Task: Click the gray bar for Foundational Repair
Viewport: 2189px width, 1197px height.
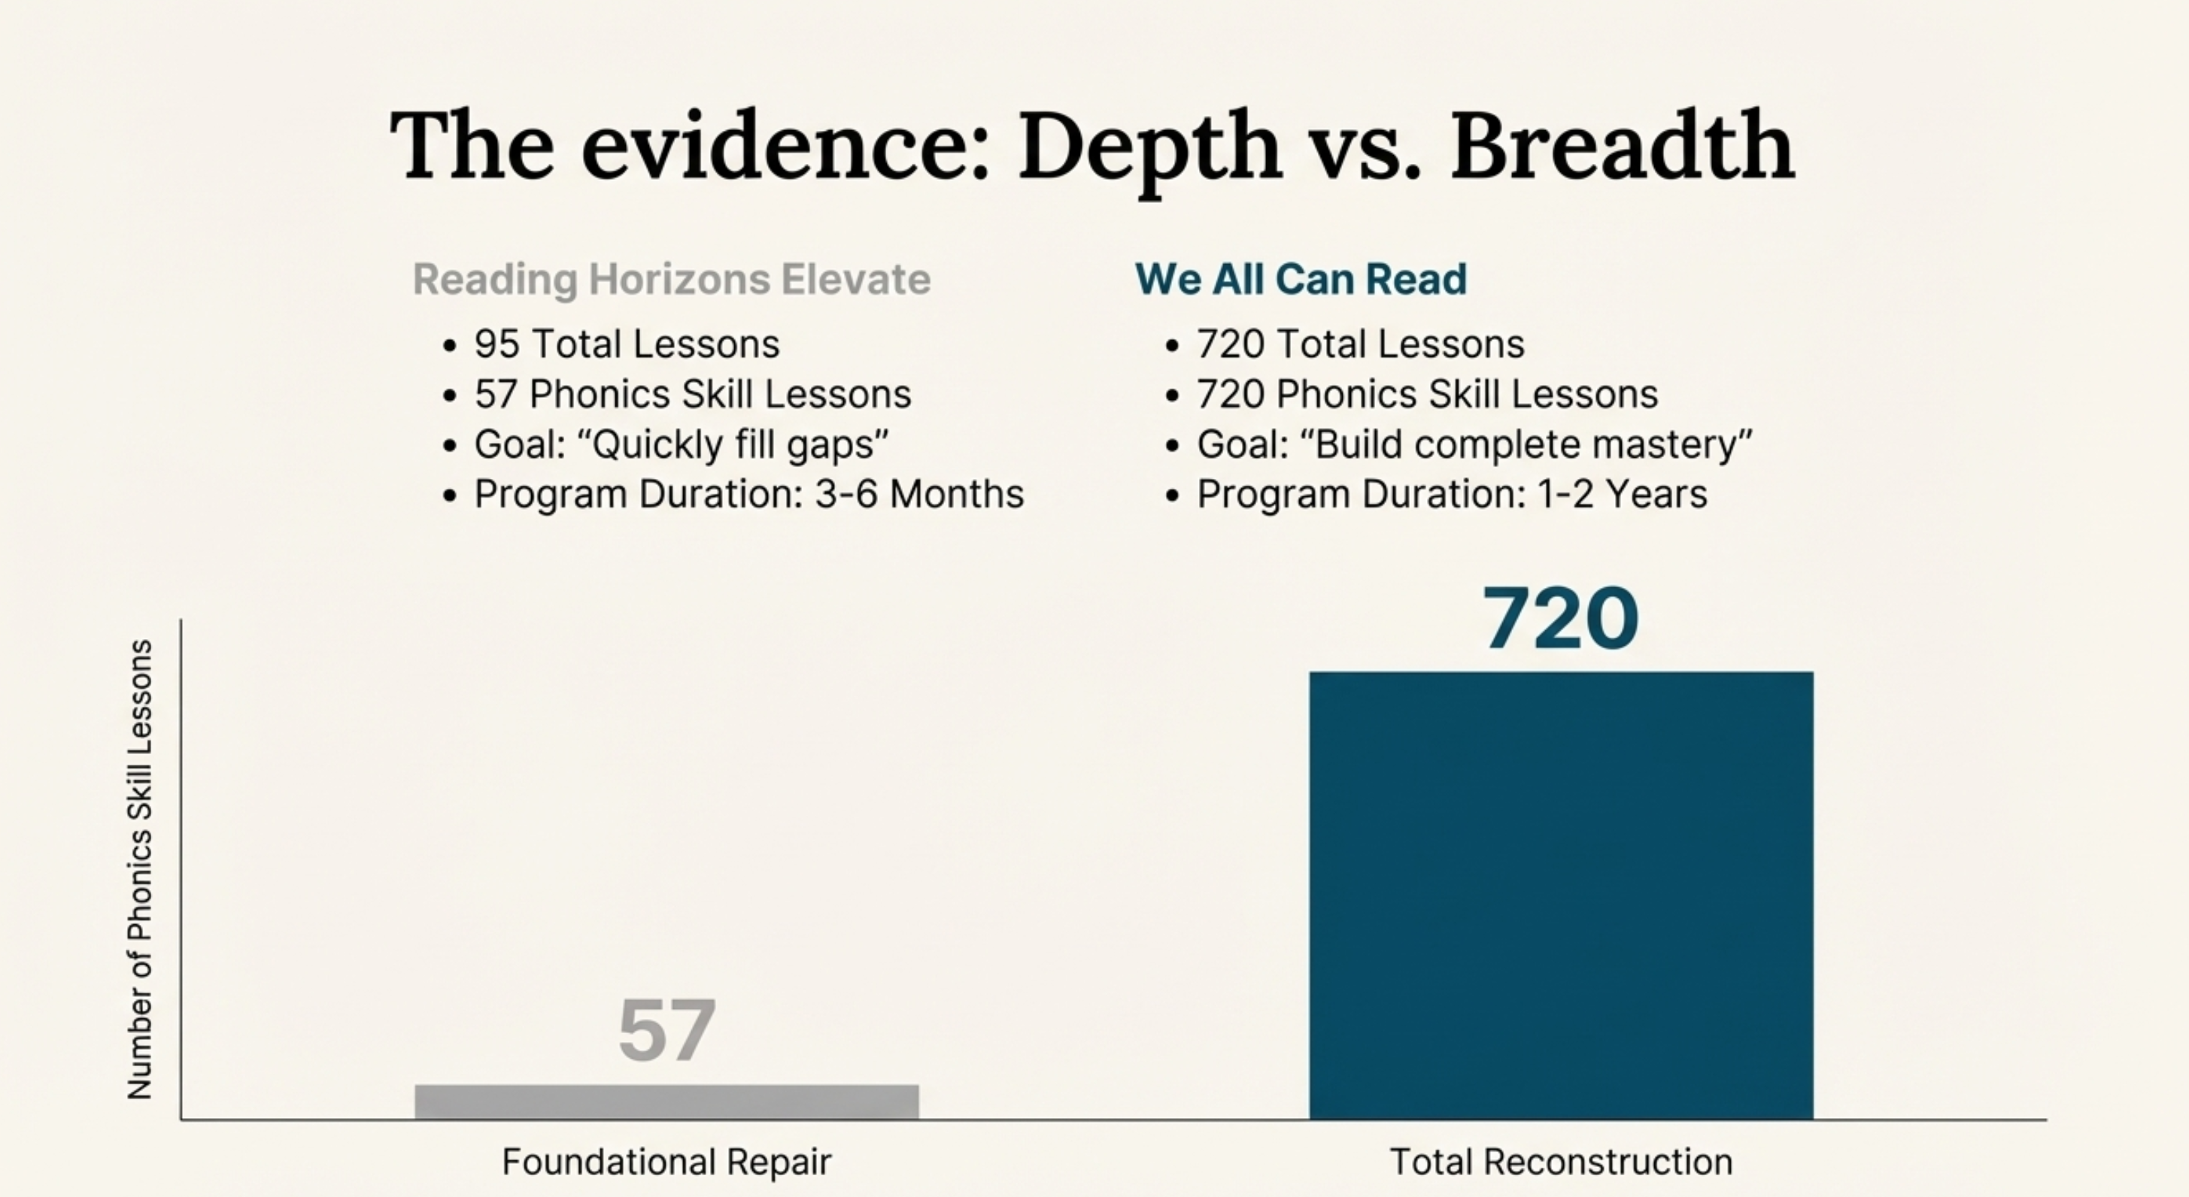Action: tap(666, 1102)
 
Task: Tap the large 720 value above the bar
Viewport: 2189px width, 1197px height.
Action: tap(1561, 619)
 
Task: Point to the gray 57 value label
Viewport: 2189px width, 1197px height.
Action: tap(667, 1031)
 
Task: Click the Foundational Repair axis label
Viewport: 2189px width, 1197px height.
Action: tap(666, 1162)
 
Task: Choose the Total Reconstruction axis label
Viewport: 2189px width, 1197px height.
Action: tap(1561, 1162)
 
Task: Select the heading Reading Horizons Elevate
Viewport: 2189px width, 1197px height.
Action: tap(671, 280)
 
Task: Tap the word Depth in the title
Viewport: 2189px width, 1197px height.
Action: tap(1149, 147)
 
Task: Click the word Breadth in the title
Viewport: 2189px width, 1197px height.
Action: tap(1623, 145)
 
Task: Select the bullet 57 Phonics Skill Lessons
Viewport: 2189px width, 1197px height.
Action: tap(693, 394)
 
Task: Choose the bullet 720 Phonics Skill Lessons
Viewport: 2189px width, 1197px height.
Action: tap(1428, 394)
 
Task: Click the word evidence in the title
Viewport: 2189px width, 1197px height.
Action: tap(785, 145)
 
